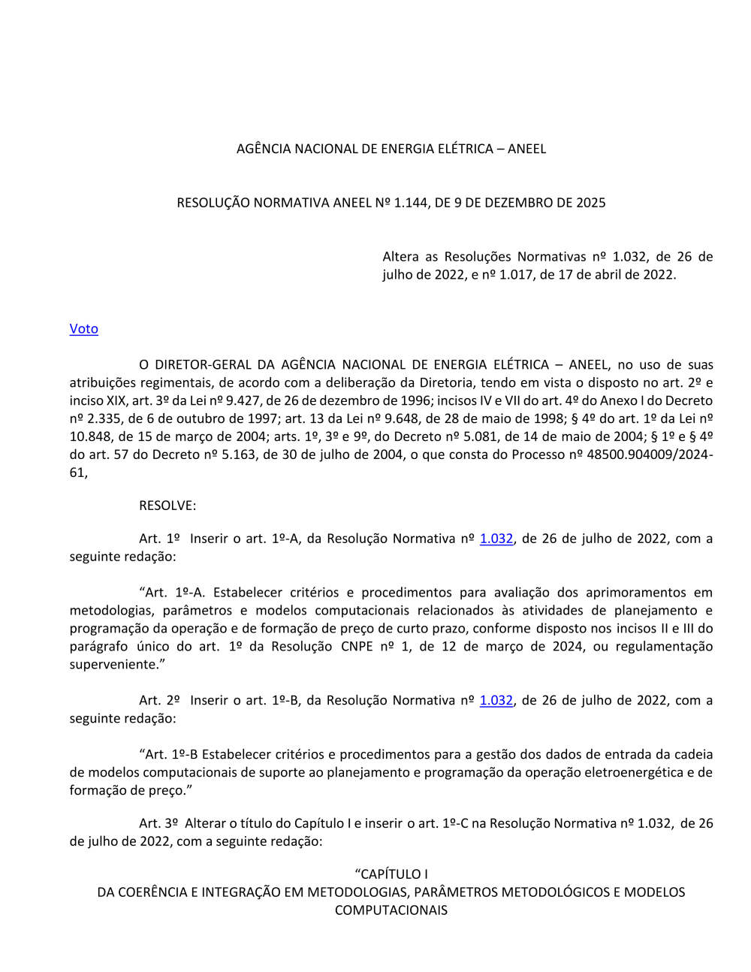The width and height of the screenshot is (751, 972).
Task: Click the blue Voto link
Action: point(83,329)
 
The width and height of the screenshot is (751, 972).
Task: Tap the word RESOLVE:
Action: point(167,506)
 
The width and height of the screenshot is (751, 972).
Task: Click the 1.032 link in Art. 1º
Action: point(496,539)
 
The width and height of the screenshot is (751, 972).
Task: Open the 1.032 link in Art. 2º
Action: point(496,700)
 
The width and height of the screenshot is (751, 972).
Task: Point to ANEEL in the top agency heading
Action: point(526,149)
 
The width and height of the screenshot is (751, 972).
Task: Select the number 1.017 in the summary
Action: point(516,275)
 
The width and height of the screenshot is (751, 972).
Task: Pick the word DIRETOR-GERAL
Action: point(202,365)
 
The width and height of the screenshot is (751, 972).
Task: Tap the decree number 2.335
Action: point(102,419)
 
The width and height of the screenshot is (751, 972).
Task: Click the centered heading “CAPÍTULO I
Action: point(391,874)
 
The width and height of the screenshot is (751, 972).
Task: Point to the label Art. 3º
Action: point(159,823)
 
